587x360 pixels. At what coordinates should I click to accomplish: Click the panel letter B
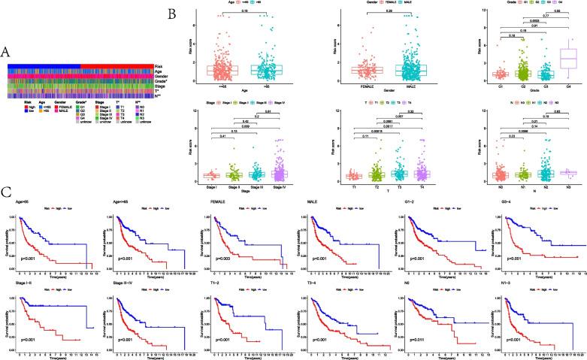tap(172, 14)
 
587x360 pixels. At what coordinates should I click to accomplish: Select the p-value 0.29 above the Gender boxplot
tap(378, 11)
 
